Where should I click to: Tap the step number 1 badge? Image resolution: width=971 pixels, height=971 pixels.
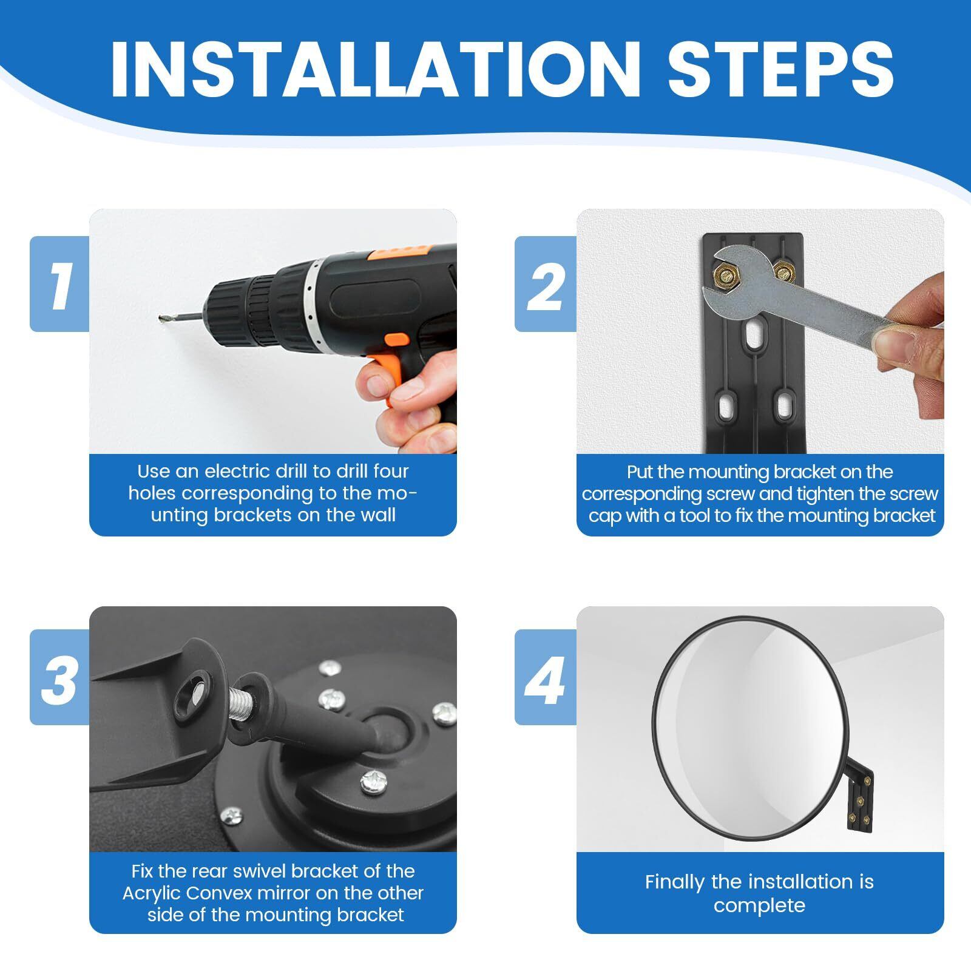pyautogui.click(x=59, y=283)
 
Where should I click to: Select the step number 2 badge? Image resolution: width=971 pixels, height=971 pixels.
pyautogui.click(x=546, y=283)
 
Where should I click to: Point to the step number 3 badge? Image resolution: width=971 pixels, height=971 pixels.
pyautogui.click(x=59, y=677)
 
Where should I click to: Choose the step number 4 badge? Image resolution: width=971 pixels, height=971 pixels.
pyautogui.click(x=546, y=677)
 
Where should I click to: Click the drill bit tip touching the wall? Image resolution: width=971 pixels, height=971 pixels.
pyautogui.click(x=161, y=318)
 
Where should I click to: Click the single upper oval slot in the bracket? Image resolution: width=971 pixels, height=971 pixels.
pyautogui.click(x=753, y=335)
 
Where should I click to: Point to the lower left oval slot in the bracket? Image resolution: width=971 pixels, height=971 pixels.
pyautogui.click(x=725, y=409)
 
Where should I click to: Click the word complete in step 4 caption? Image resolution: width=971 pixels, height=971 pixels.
pyautogui.click(x=759, y=906)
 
